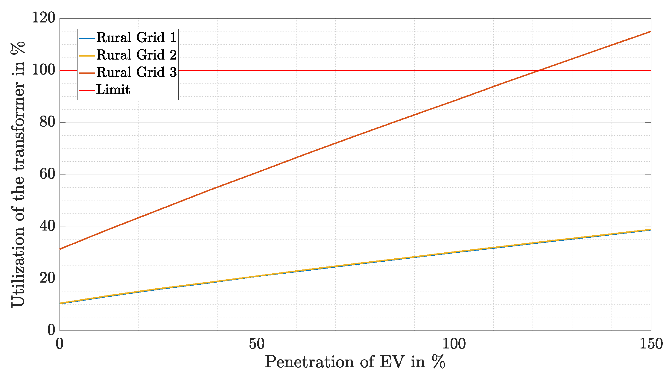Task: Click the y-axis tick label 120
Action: (44, 18)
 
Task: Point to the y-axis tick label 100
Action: (44, 70)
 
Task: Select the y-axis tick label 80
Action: (48, 122)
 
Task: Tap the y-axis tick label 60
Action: (48, 174)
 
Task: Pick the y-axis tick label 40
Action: (48, 226)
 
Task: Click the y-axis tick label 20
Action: (48, 278)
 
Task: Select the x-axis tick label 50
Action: (257, 344)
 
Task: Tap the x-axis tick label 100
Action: (454, 344)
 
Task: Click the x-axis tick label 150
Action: (651, 344)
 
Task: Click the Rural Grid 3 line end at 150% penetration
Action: (651, 31)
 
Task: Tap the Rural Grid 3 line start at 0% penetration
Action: (60, 249)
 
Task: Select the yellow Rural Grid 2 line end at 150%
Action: (651, 230)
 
